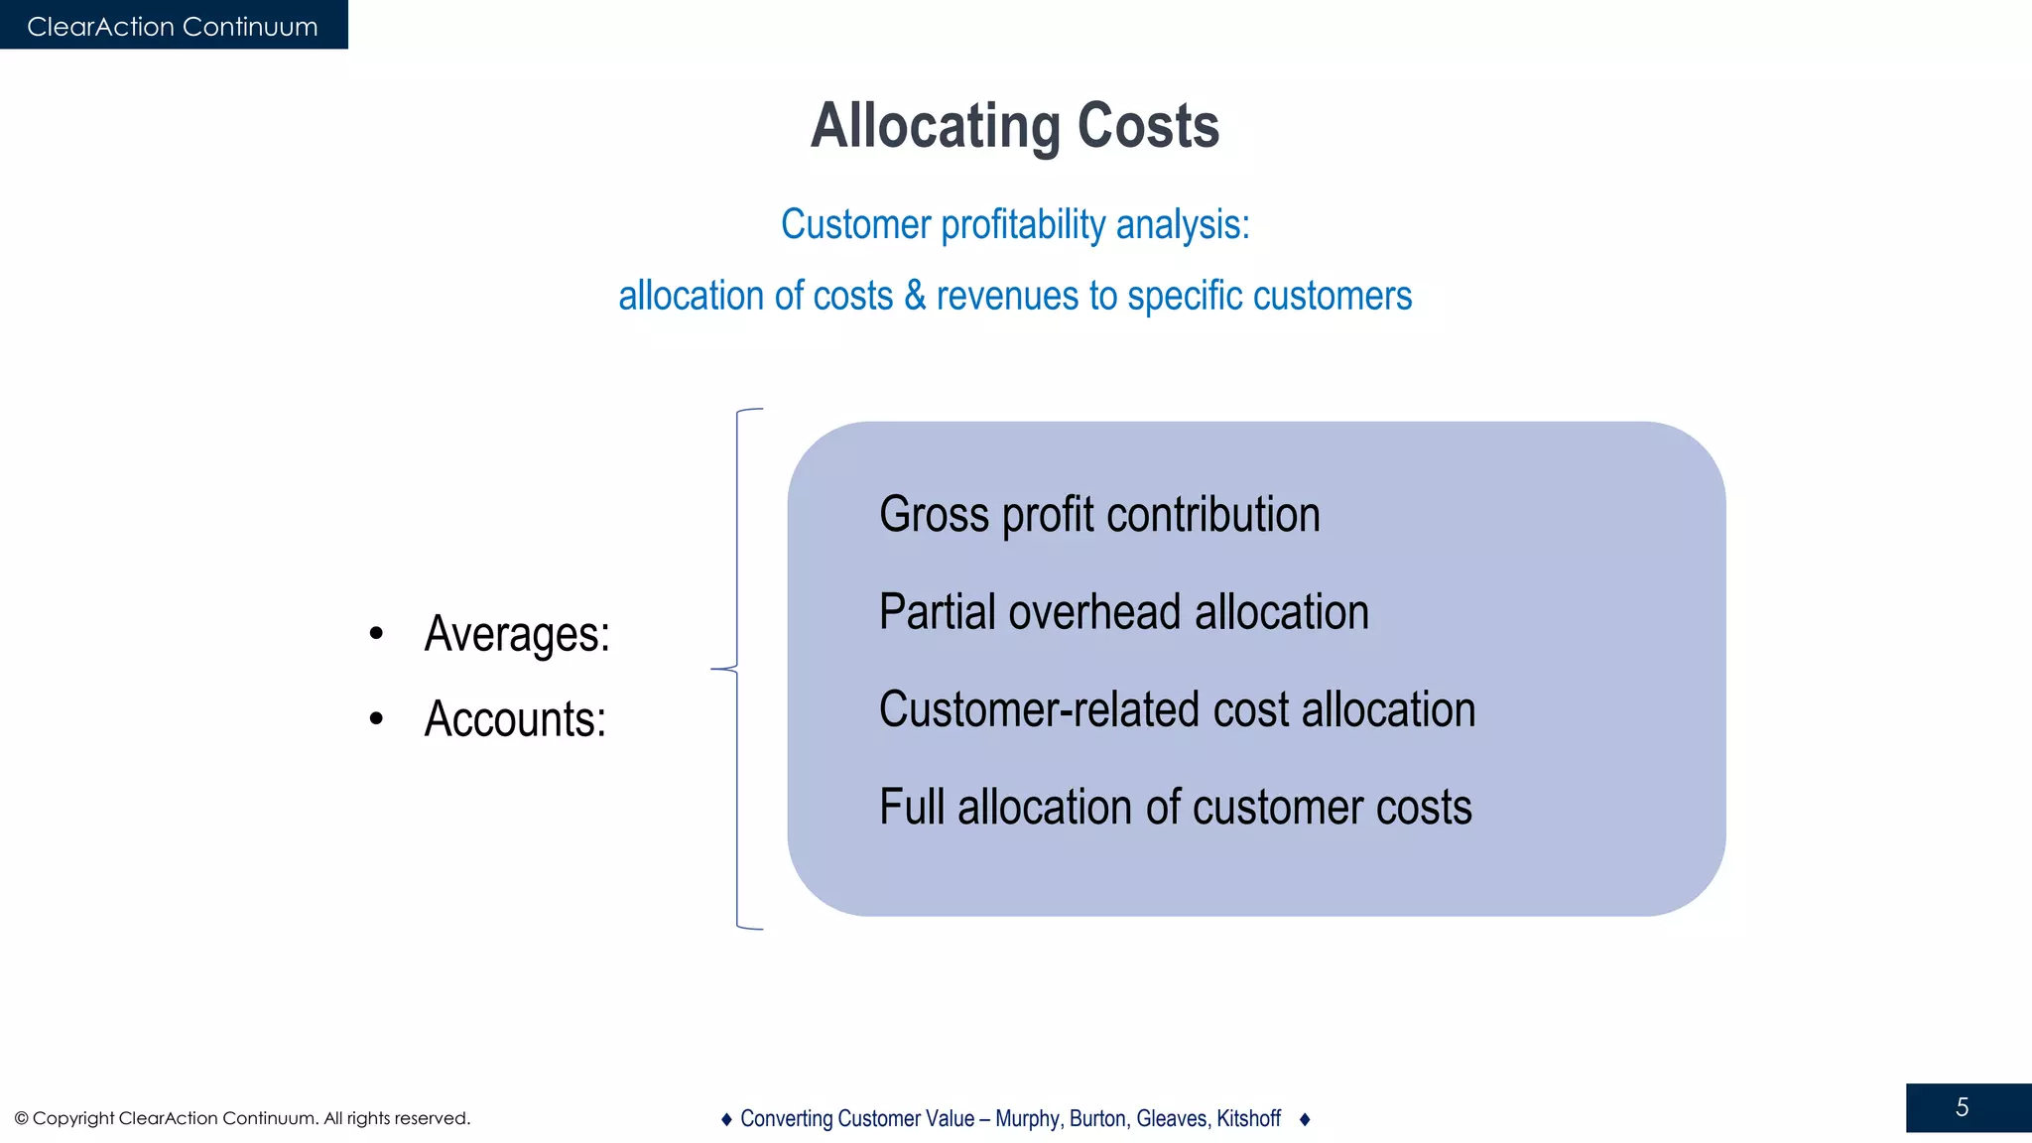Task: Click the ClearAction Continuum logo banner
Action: click(173, 26)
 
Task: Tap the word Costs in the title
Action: click(1148, 127)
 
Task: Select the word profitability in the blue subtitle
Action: click(1023, 225)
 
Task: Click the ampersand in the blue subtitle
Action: click(914, 296)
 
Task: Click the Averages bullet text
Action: click(516, 634)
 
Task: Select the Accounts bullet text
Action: click(514, 719)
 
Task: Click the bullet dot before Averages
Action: click(376, 633)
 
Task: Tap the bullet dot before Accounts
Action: click(376, 718)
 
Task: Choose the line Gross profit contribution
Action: click(1099, 515)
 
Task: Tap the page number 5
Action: click(1962, 1108)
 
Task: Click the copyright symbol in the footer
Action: click(21, 1119)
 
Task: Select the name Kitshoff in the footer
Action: click(1248, 1119)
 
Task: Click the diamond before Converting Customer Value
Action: click(726, 1119)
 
